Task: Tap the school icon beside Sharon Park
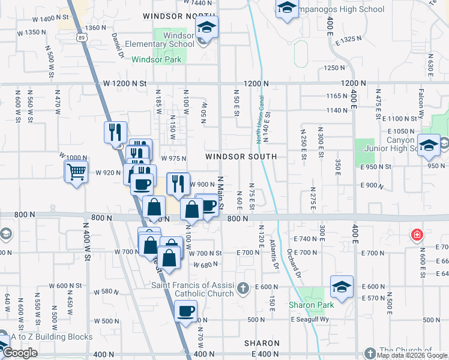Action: click(x=342, y=287)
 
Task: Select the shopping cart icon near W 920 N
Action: click(x=76, y=172)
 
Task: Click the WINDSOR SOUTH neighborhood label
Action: click(x=241, y=156)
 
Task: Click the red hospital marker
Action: click(x=416, y=235)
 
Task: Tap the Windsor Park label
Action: click(x=152, y=59)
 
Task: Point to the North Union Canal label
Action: click(x=259, y=119)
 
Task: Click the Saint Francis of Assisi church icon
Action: click(x=243, y=289)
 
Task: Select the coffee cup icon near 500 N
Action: click(x=185, y=311)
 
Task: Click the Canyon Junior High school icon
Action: click(x=429, y=145)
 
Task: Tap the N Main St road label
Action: click(x=220, y=193)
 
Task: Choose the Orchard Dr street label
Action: click(x=294, y=263)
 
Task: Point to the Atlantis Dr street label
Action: click(x=276, y=254)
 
